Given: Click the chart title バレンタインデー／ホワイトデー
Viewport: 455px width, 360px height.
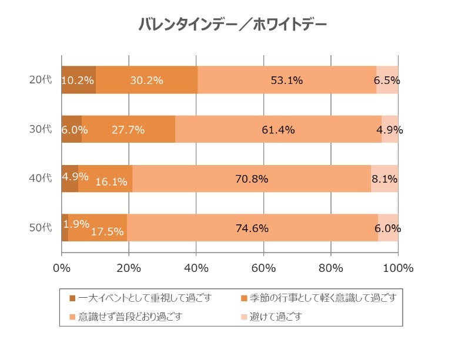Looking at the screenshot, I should pyautogui.click(x=232, y=25).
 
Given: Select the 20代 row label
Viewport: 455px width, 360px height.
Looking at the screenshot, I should pyautogui.click(x=41, y=80).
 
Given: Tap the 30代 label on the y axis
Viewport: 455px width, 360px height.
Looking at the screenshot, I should pyautogui.click(x=41, y=129).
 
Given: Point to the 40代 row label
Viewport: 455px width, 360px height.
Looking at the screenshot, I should pyautogui.click(x=41, y=179).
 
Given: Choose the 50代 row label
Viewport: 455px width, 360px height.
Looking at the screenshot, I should pyautogui.click(x=41, y=228).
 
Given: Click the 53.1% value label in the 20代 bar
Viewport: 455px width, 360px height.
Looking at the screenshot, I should pyautogui.click(x=287, y=80).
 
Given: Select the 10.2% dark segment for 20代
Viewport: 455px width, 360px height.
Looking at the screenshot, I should pyautogui.click(x=78, y=80).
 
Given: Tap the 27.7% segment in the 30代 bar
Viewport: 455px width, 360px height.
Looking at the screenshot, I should pyautogui.click(x=128, y=130).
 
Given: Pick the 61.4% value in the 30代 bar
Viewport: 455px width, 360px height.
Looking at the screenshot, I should pyautogui.click(x=279, y=130).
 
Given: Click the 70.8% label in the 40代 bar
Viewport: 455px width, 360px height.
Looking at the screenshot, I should pyautogui.click(x=252, y=179).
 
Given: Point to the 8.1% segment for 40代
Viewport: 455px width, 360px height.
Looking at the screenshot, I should pyautogui.click(x=385, y=179).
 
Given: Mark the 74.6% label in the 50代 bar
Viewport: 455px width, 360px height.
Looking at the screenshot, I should pyautogui.click(x=252, y=228).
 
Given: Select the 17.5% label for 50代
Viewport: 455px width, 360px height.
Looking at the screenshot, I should pyautogui.click(x=107, y=231).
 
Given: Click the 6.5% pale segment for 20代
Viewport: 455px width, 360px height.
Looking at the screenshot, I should pyautogui.click(x=387, y=80).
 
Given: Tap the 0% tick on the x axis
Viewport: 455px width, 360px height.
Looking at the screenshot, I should pyautogui.click(x=62, y=268).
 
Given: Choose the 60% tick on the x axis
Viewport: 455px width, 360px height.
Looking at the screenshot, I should pyautogui.click(x=263, y=268).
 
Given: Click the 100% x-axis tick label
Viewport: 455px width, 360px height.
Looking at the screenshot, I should pyautogui.click(x=398, y=268).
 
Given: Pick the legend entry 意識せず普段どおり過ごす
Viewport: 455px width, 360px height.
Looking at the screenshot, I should pyautogui.click(x=131, y=317).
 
